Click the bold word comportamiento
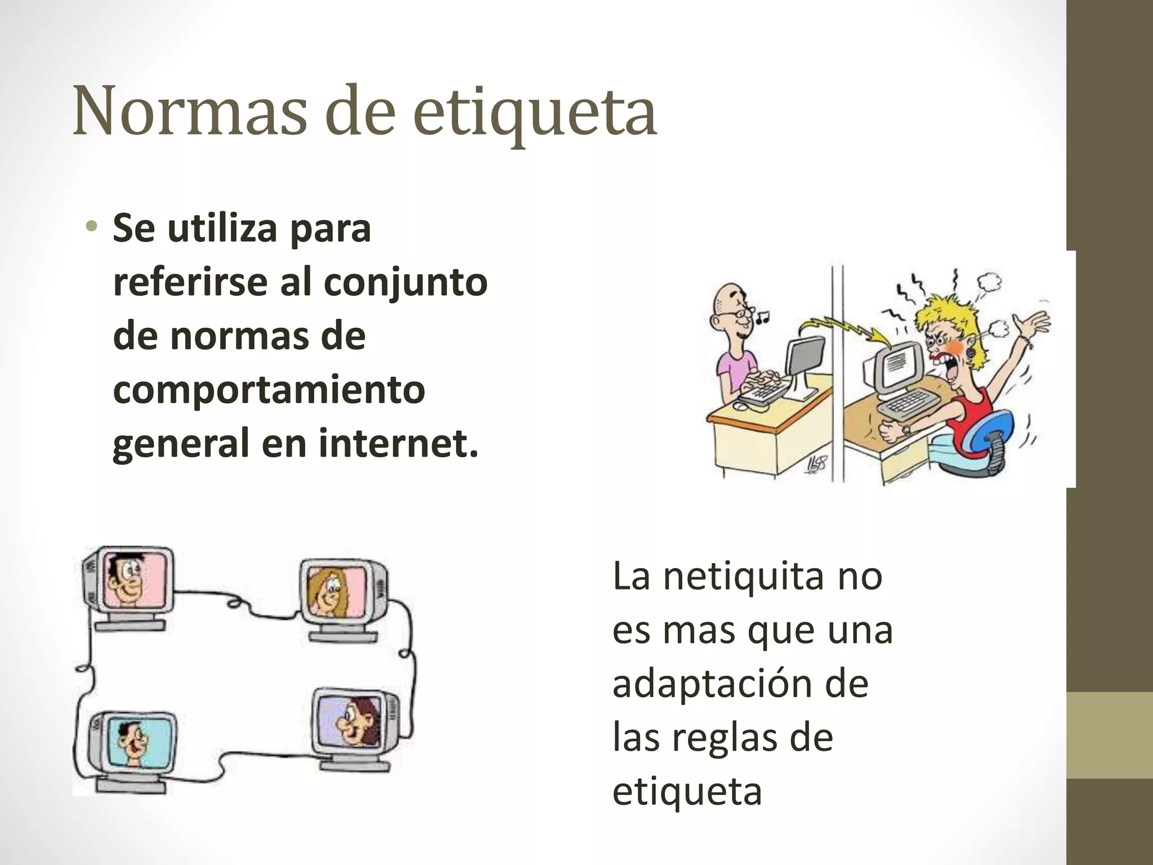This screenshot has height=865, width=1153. click(x=269, y=390)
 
